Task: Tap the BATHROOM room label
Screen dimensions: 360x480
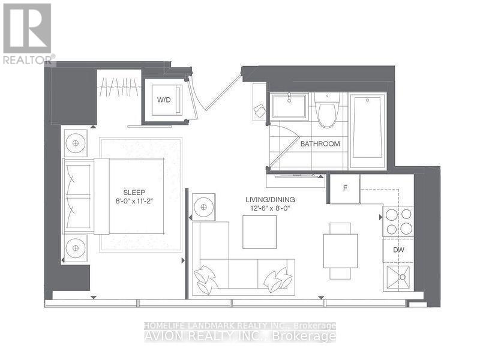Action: point(320,144)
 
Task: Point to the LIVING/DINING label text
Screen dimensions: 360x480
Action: point(270,199)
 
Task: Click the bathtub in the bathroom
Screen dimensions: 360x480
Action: point(367,131)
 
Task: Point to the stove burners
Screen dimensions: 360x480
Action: point(398,221)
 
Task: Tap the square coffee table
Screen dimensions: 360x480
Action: point(259,232)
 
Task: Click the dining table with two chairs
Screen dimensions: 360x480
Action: point(340,250)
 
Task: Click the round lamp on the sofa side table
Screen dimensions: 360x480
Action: point(204,207)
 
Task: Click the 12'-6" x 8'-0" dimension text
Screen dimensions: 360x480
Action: point(270,208)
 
